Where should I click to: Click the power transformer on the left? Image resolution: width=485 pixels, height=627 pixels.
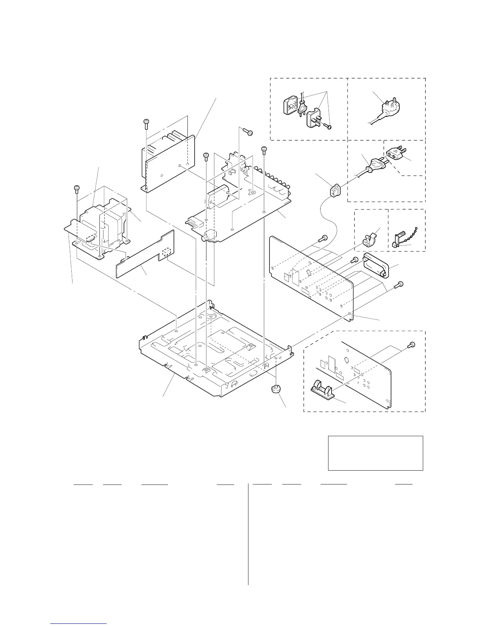[104, 226]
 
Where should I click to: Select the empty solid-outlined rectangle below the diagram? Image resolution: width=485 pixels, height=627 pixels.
[375, 453]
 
